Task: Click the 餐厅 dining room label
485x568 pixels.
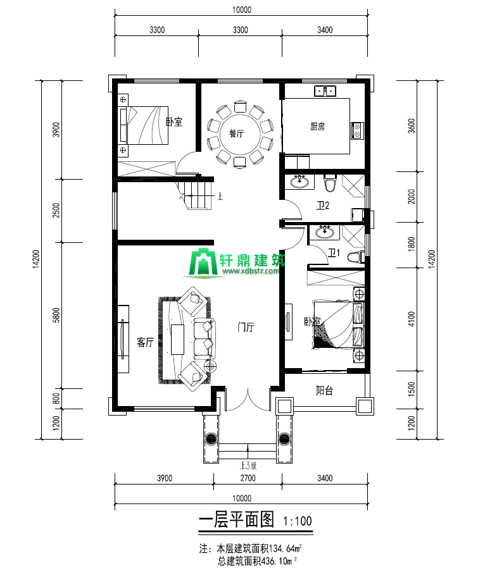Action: tap(236, 133)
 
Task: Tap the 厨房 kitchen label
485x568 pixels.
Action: tap(318, 127)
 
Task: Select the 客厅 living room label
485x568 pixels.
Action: tap(146, 342)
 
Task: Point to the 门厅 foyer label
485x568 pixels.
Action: tap(246, 327)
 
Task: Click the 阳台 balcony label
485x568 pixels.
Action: tap(324, 390)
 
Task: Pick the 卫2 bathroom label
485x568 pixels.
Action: tap(323, 206)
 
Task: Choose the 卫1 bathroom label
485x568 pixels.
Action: tap(334, 252)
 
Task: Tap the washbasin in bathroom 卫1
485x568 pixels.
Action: tap(324, 232)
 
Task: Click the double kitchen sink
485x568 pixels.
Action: tap(325, 90)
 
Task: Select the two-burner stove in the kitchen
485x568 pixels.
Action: tap(357, 131)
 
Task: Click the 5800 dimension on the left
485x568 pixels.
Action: tap(56, 315)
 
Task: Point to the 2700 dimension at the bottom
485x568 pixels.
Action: tap(248, 478)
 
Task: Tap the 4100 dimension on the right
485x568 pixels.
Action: tap(412, 319)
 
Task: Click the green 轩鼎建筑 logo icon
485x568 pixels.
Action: tap(203, 262)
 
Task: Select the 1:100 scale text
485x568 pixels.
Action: tap(298, 521)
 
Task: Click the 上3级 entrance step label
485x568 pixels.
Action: tap(248, 466)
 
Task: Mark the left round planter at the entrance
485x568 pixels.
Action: tap(211, 439)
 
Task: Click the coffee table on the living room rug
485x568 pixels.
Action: tap(178, 340)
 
